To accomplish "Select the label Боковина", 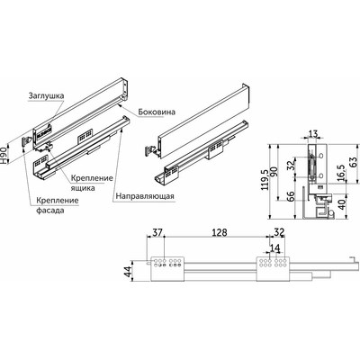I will coord(160,112).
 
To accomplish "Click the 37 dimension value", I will coord(157,233).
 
